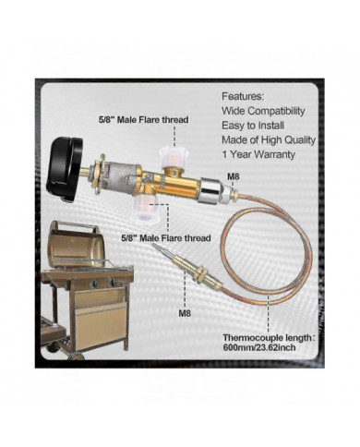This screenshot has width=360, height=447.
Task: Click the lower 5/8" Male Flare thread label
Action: (163, 236)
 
